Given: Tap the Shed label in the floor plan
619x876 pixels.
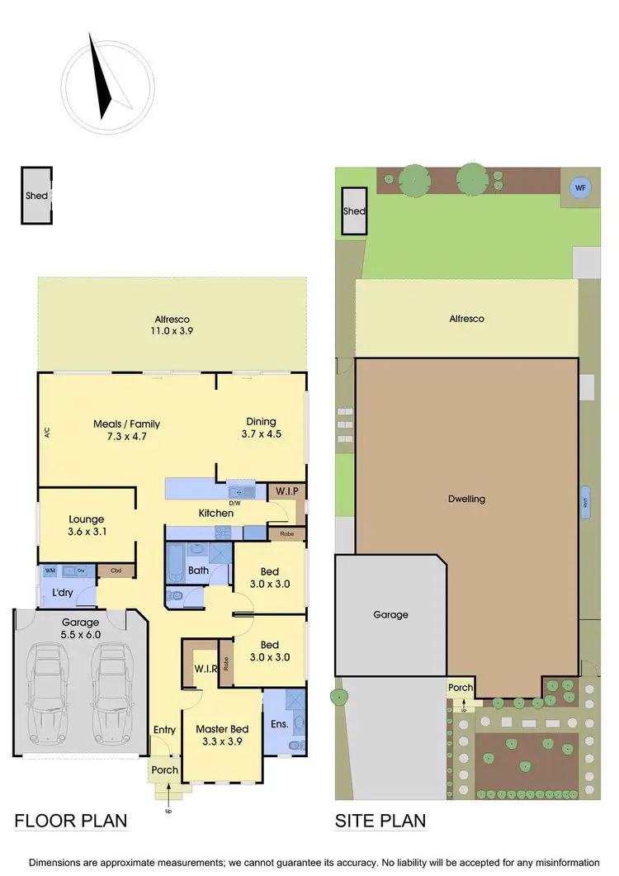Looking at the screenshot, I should [x=36, y=196].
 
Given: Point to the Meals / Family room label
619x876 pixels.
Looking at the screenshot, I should [x=126, y=424].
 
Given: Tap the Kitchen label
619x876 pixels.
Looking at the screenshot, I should [x=215, y=514].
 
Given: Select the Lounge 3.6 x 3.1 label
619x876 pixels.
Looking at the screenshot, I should [x=86, y=526].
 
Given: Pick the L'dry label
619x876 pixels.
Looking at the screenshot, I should [x=63, y=594].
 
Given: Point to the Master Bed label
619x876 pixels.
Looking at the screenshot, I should [x=222, y=729].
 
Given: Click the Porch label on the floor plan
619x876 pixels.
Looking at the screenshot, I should [x=164, y=770].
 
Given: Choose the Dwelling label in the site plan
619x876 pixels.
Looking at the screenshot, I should [x=467, y=499].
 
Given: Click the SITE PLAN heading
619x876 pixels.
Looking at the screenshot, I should [x=380, y=821].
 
